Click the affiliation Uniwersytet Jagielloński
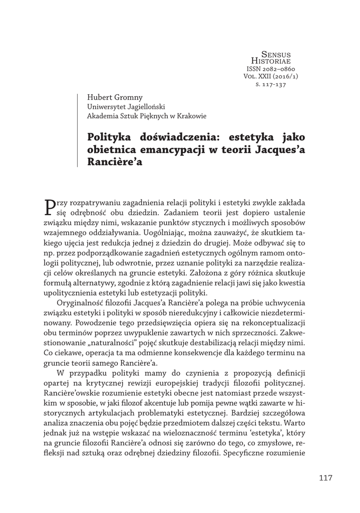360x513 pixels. (123, 107)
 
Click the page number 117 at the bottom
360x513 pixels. (325, 477)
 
